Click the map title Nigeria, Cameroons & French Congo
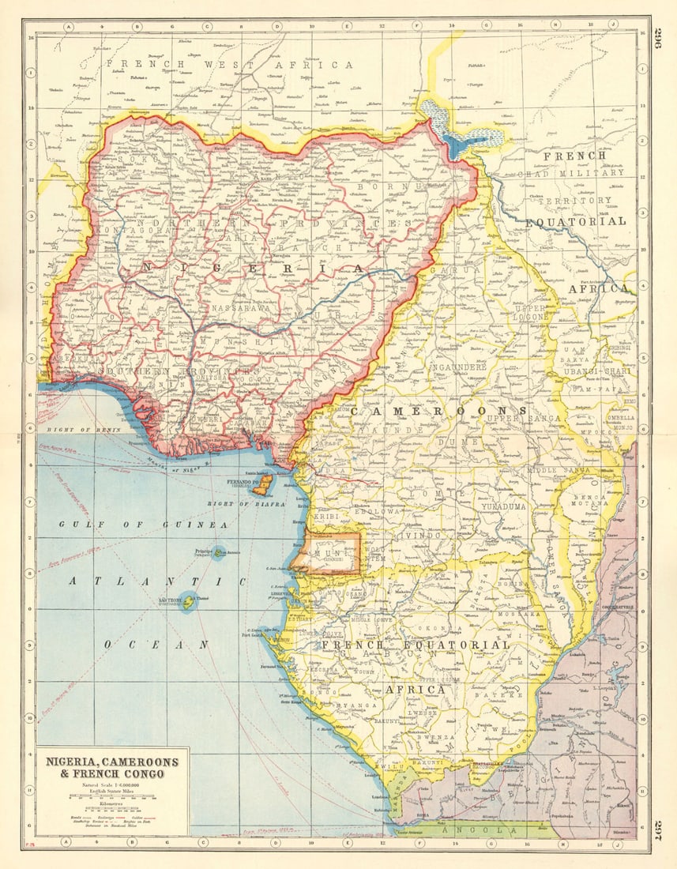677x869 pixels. pos(111,767)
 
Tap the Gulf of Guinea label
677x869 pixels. pos(143,525)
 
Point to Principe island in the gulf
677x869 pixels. pos(219,553)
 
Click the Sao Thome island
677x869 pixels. pos(188,601)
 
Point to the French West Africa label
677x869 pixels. pos(230,64)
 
